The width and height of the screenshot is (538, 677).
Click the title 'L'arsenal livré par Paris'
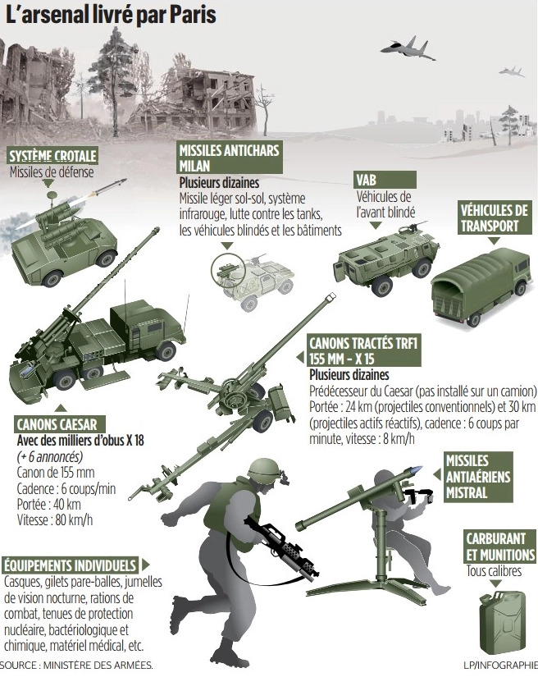pyautogui.click(x=111, y=14)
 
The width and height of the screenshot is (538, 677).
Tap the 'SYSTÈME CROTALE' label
pyautogui.click(x=52, y=156)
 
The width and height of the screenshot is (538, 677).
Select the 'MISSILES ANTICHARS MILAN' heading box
pyautogui.click(x=230, y=158)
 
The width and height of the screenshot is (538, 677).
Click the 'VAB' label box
pyautogui.click(x=385, y=180)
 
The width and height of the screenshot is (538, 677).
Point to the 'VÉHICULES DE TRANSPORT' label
pyautogui.click(x=494, y=218)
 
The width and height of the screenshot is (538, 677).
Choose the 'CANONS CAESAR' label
pyautogui.click(x=57, y=424)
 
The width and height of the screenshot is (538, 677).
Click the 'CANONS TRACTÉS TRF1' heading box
pyautogui.click(x=363, y=350)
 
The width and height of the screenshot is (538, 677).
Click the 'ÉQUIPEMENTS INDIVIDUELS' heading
pyautogui.click(x=71, y=565)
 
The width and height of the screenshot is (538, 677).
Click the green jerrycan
pyautogui.click(x=503, y=622)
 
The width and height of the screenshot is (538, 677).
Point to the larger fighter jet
pyautogui.click(x=408, y=48)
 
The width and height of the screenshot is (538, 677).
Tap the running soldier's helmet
pyautogui.click(x=264, y=470)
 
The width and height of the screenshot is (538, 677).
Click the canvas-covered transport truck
pyautogui.click(x=481, y=284)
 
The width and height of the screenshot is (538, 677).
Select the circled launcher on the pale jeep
pyautogui.click(x=228, y=271)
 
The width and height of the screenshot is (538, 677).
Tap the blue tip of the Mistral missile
pyautogui.click(x=417, y=469)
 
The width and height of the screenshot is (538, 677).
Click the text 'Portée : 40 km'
pyautogui.click(x=48, y=505)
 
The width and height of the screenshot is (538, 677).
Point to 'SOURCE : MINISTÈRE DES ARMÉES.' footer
pyautogui.click(x=77, y=666)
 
